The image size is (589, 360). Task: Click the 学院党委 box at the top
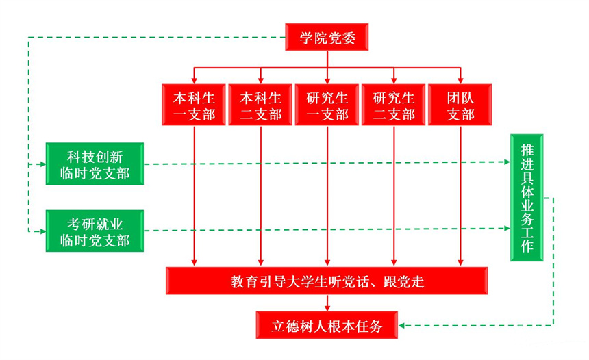point(327,37)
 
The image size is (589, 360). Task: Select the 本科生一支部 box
point(195,105)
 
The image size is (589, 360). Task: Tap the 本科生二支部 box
point(260,105)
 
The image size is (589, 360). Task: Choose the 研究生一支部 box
point(327,105)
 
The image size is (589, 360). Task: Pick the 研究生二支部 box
point(394,105)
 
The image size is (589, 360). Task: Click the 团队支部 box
point(460,105)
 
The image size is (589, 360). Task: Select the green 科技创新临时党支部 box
point(95,164)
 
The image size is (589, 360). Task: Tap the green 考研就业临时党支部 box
point(95,231)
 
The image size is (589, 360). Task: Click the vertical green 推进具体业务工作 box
point(527,198)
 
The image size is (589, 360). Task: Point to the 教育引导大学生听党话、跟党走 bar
point(327,281)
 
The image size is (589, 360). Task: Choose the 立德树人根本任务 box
point(327,324)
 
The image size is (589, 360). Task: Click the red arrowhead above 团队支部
point(460,79)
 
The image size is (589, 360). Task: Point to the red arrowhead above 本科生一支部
point(195,79)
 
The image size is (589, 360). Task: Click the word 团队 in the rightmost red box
point(460,97)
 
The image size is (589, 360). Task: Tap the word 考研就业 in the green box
point(95,223)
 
